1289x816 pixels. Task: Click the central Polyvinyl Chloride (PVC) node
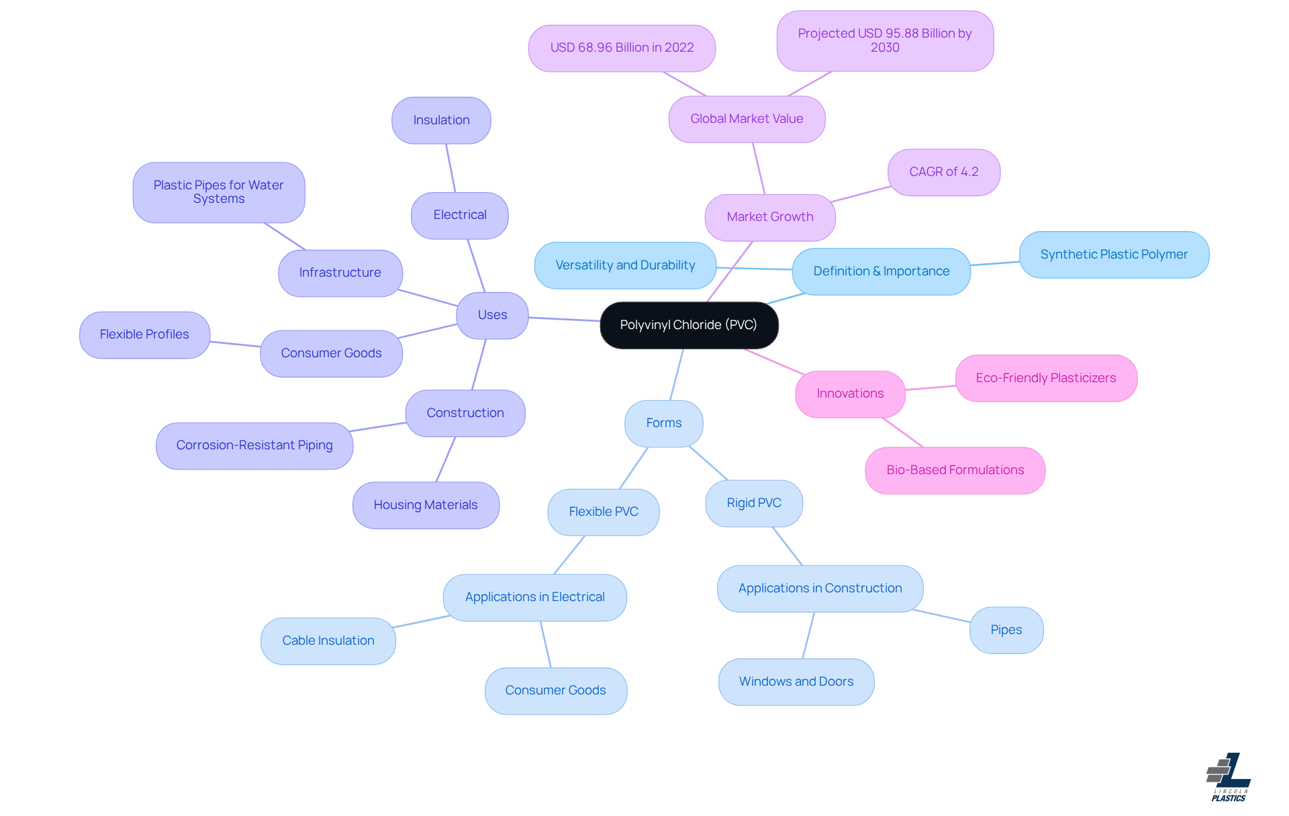pos(689,325)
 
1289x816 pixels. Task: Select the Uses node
pos(492,315)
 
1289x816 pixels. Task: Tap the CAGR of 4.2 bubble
pos(943,172)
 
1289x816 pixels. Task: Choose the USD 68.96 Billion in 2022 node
pos(622,48)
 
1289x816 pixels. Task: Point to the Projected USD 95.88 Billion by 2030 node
pos(884,40)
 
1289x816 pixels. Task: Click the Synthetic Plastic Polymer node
pos(1113,255)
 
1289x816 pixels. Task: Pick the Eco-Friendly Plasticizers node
pos(1045,378)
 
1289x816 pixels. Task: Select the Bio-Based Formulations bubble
pos(955,470)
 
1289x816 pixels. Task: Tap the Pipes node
pos(1006,630)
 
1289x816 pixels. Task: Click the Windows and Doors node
pos(796,682)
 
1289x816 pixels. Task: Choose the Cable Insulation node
pos(328,641)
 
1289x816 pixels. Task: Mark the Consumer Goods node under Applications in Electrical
pos(555,690)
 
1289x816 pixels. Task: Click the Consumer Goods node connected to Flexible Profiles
pos(331,353)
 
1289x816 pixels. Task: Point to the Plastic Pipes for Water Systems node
pos(218,192)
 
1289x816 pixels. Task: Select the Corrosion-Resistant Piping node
pos(254,445)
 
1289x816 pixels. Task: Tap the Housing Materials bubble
pos(425,505)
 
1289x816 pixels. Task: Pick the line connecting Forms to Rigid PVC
pos(708,463)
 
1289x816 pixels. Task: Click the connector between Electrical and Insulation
pos(450,168)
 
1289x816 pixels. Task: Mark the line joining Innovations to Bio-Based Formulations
pos(903,433)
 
